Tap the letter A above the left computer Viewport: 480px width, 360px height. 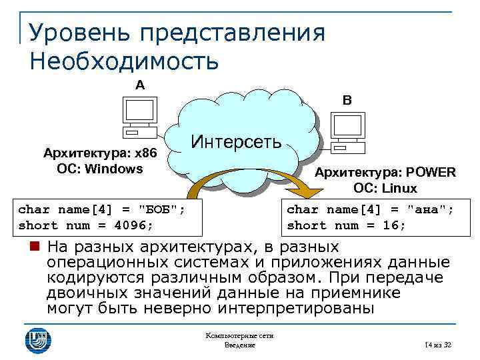coord(139,85)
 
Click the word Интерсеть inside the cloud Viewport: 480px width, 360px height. coord(236,142)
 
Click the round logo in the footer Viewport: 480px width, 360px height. coord(38,339)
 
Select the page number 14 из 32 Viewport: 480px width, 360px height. coord(437,344)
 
